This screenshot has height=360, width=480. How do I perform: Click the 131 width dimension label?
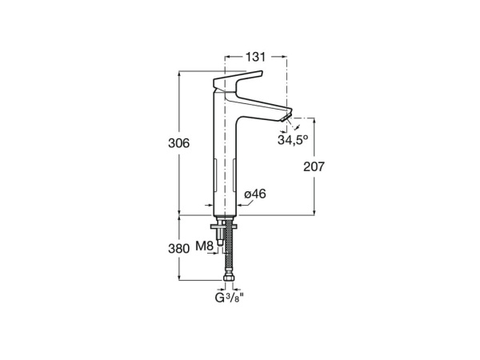[x=255, y=57]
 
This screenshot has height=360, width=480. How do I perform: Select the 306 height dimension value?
[x=179, y=143]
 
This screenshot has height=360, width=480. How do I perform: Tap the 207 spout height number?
[x=314, y=166]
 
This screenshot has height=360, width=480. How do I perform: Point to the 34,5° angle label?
[x=293, y=140]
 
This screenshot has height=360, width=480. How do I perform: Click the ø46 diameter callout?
[x=255, y=194]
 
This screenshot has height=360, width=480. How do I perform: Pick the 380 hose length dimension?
[x=179, y=249]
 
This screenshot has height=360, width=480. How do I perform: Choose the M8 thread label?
[x=205, y=246]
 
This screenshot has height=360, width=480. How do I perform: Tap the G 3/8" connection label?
[x=230, y=298]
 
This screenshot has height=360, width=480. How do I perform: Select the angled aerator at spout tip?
[x=287, y=117]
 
